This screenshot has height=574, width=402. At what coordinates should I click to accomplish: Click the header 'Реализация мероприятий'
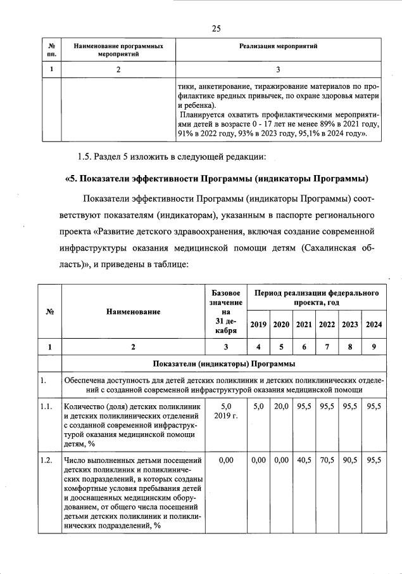(278, 46)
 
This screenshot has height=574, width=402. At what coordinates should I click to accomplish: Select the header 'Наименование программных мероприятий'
(118, 50)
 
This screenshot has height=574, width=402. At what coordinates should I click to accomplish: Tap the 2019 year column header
(258, 325)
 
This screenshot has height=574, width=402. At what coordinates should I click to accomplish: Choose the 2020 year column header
(281, 325)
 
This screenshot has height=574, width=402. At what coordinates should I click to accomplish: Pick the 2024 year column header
(374, 325)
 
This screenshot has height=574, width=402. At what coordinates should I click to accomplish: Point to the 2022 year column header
(327, 325)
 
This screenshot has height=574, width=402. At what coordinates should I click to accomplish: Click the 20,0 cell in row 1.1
(281, 406)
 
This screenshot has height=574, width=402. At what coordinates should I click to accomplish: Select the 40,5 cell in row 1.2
(304, 461)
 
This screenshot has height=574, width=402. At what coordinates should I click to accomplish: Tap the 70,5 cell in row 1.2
(327, 461)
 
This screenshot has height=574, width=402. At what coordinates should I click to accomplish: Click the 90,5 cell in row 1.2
(350, 461)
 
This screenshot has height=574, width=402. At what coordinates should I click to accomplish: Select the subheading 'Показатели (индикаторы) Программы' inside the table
(224, 363)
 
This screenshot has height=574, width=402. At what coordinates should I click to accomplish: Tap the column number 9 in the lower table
(374, 346)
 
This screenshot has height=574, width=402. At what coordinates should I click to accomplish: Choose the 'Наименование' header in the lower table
(133, 311)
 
